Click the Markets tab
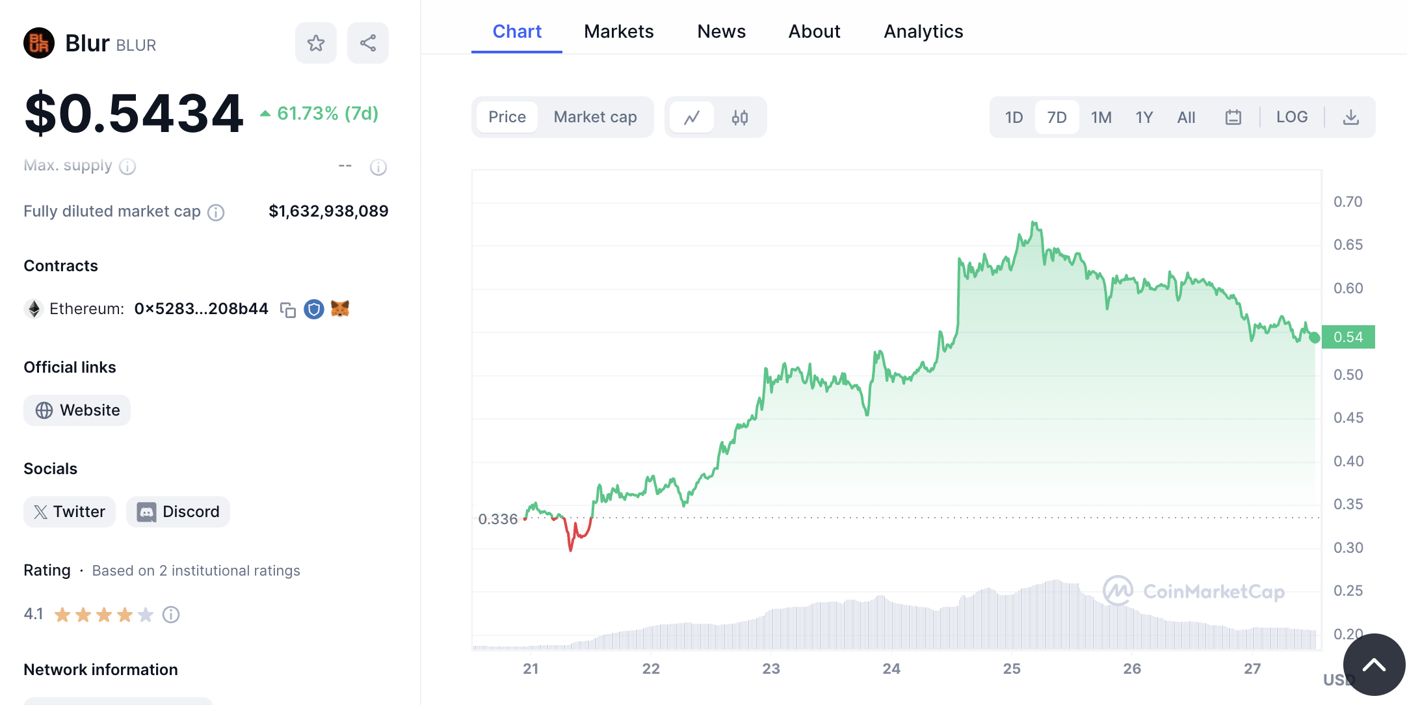point(618,31)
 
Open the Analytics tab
point(923,31)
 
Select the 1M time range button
point(1101,117)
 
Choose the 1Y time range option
point(1144,117)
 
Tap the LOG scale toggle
point(1291,117)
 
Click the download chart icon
point(1350,117)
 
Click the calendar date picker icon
point(1233,117)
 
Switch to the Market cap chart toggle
point(595,117)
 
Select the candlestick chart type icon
point(739,117)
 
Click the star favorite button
point(316,43)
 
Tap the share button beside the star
point(368,43)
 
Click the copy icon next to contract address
point(287,310)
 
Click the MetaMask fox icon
point(340,308)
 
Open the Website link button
point(77,410)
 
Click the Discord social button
point(178,512)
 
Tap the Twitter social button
point(70,512)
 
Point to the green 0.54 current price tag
point(1348,337)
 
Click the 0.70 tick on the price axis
point(1347,202)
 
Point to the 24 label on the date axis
point(891,669)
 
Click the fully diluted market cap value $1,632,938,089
point(328,211)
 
